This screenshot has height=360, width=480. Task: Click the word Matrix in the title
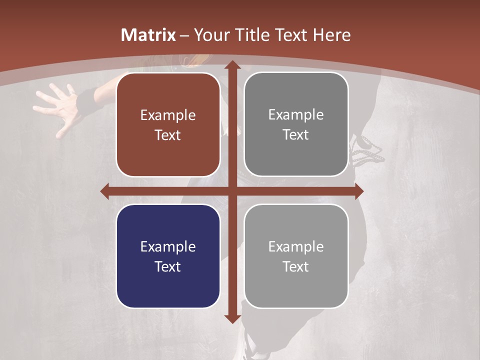click(148, 35)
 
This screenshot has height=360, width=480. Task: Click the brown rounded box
click(168, 124)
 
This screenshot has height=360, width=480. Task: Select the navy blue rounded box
click(168, 256)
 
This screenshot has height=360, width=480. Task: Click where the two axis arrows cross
click(231, 191)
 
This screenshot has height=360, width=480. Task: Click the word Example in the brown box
click(168, 115)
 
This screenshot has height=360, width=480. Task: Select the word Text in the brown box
click(168, 135)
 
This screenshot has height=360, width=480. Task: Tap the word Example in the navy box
click(168, 246)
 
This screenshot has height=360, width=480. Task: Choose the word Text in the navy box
click(168, 266)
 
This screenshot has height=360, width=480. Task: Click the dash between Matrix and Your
click(184, 35)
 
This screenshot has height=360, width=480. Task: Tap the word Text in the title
click(289, 35)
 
